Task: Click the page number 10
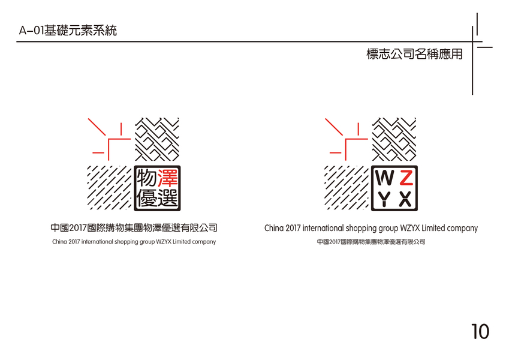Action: coord(480,331)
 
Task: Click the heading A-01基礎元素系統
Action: coord(68,30)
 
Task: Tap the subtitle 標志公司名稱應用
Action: coord(414,54)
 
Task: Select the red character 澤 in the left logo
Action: coord(167,178)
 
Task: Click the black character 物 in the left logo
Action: coord(147,178)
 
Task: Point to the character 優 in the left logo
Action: coord(147,198)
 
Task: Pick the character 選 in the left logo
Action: coord(167,198)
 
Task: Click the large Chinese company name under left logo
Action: coord(134,228)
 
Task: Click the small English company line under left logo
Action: coord(134,242)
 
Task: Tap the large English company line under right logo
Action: coord(371,229)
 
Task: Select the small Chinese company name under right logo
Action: coord(371,242)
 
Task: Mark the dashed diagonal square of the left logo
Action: coord(109,187)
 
